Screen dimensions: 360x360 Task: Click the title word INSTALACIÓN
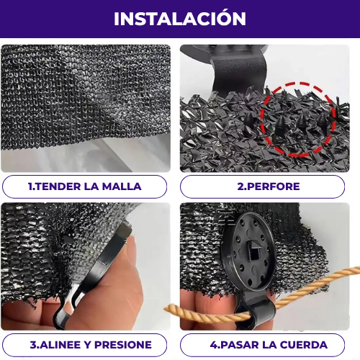180,19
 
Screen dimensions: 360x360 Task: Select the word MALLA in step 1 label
122,186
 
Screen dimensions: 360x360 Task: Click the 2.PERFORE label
269,186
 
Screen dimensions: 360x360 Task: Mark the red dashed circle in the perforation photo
292,119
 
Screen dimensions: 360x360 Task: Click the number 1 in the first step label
30,186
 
